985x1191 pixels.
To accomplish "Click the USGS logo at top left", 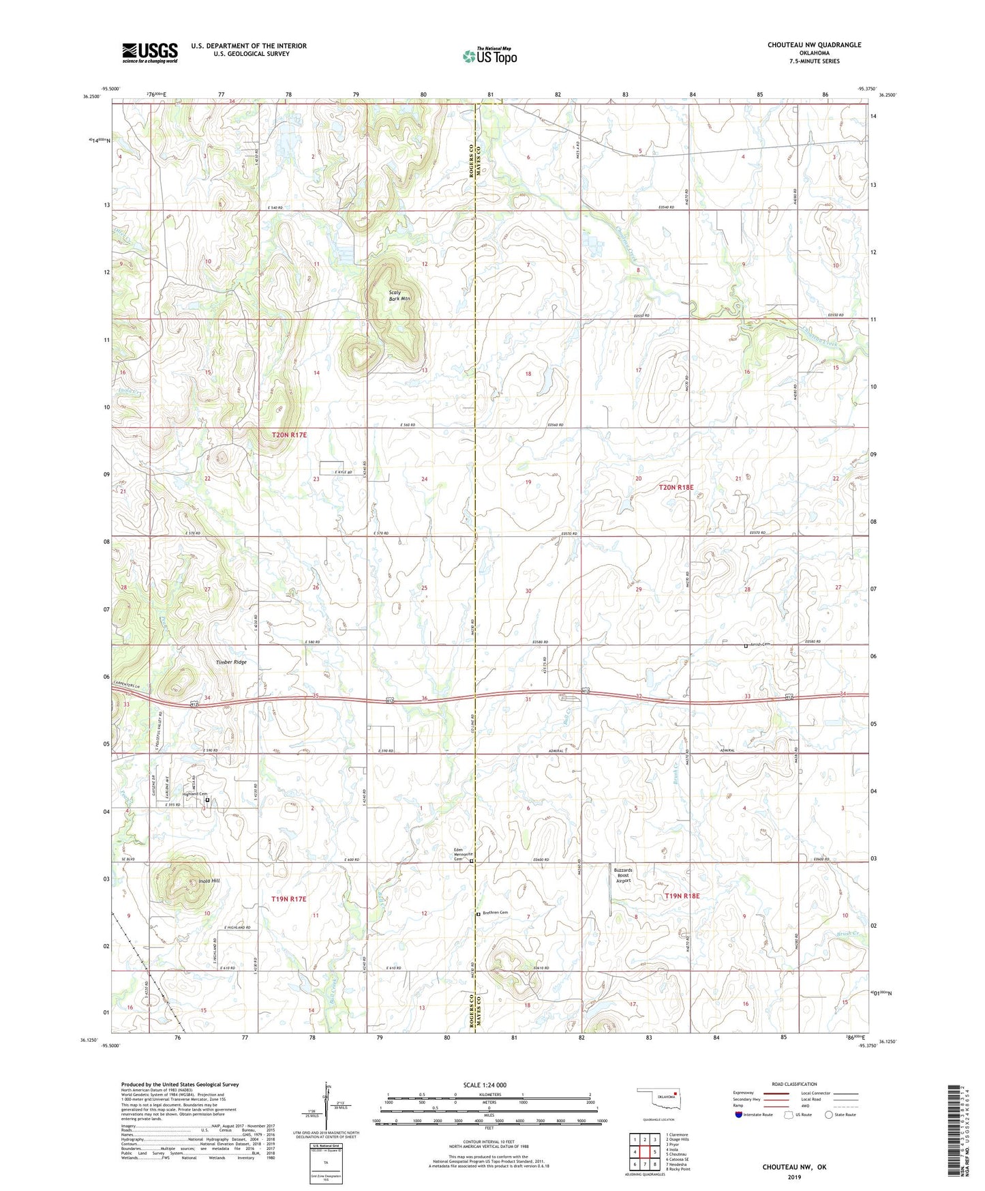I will coord(150,53).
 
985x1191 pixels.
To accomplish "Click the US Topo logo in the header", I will coord(489,56).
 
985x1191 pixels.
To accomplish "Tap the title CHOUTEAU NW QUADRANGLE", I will coord(814,45).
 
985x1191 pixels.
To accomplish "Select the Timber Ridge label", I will coord(231,662).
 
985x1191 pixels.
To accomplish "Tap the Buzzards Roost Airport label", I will coord(623,876).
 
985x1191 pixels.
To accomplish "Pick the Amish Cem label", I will coord(759,645).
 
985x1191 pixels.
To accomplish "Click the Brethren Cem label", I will coord(495,913).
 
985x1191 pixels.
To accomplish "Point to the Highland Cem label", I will coord(194,794).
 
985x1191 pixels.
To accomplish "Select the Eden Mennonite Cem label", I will coord(464,854).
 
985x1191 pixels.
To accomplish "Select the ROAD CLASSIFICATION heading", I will coord(795,1084).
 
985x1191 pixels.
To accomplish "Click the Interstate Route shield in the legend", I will coord(740,1115).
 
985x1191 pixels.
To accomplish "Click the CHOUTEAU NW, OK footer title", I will coord(794,1167).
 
